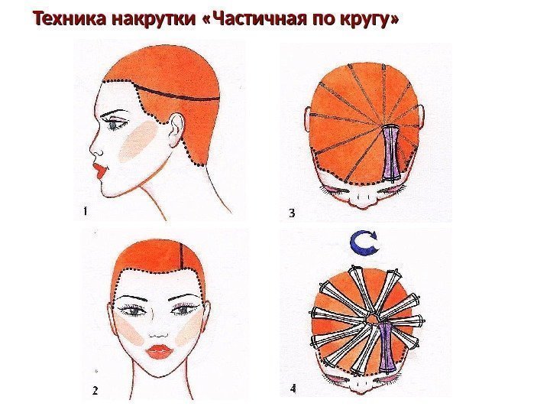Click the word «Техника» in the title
(x=70, y=18)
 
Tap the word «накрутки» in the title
(x=154, y=19)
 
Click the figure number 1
(x=85, y=211)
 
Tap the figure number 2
(x=95, y=391)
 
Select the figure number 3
(x=292, y=213)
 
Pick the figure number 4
(x=293, y=389)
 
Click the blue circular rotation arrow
(x=365, y=242)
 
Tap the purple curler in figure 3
(x=392, y=153)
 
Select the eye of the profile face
(x=115, y=125)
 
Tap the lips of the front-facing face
(x=159, y=351)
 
